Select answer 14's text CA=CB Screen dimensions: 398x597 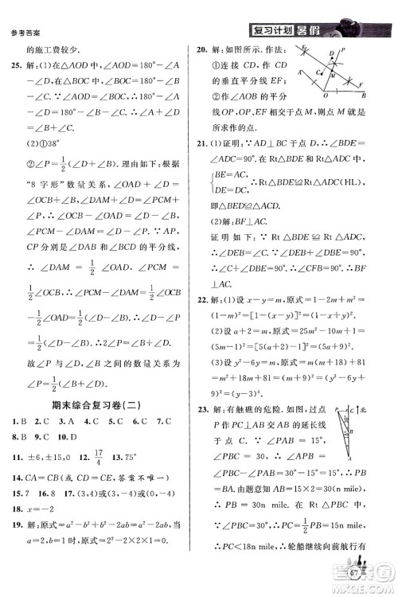pyautogui.click(x=42, y=477)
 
